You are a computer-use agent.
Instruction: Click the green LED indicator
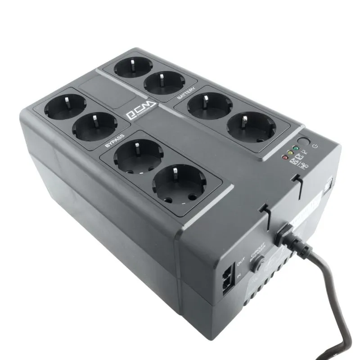[294, 148]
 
